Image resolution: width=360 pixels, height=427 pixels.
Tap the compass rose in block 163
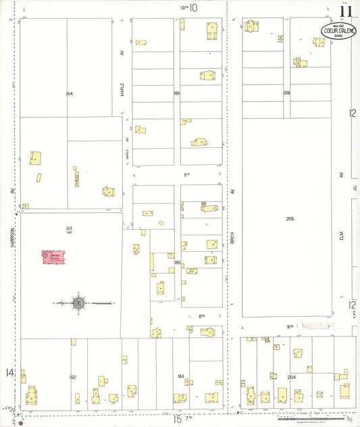78,303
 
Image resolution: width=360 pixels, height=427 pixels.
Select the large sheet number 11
346,11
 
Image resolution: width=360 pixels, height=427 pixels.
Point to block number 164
69,93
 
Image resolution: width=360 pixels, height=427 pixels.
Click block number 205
290,219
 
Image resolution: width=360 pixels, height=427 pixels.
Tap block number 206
287,93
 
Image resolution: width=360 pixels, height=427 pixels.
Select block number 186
177,93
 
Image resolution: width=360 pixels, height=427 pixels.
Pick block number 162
73,376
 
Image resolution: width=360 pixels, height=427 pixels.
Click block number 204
292,376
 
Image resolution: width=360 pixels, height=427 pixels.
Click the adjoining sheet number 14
9,372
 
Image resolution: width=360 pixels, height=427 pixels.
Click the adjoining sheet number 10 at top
193,8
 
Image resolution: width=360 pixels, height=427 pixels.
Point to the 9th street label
188,174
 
